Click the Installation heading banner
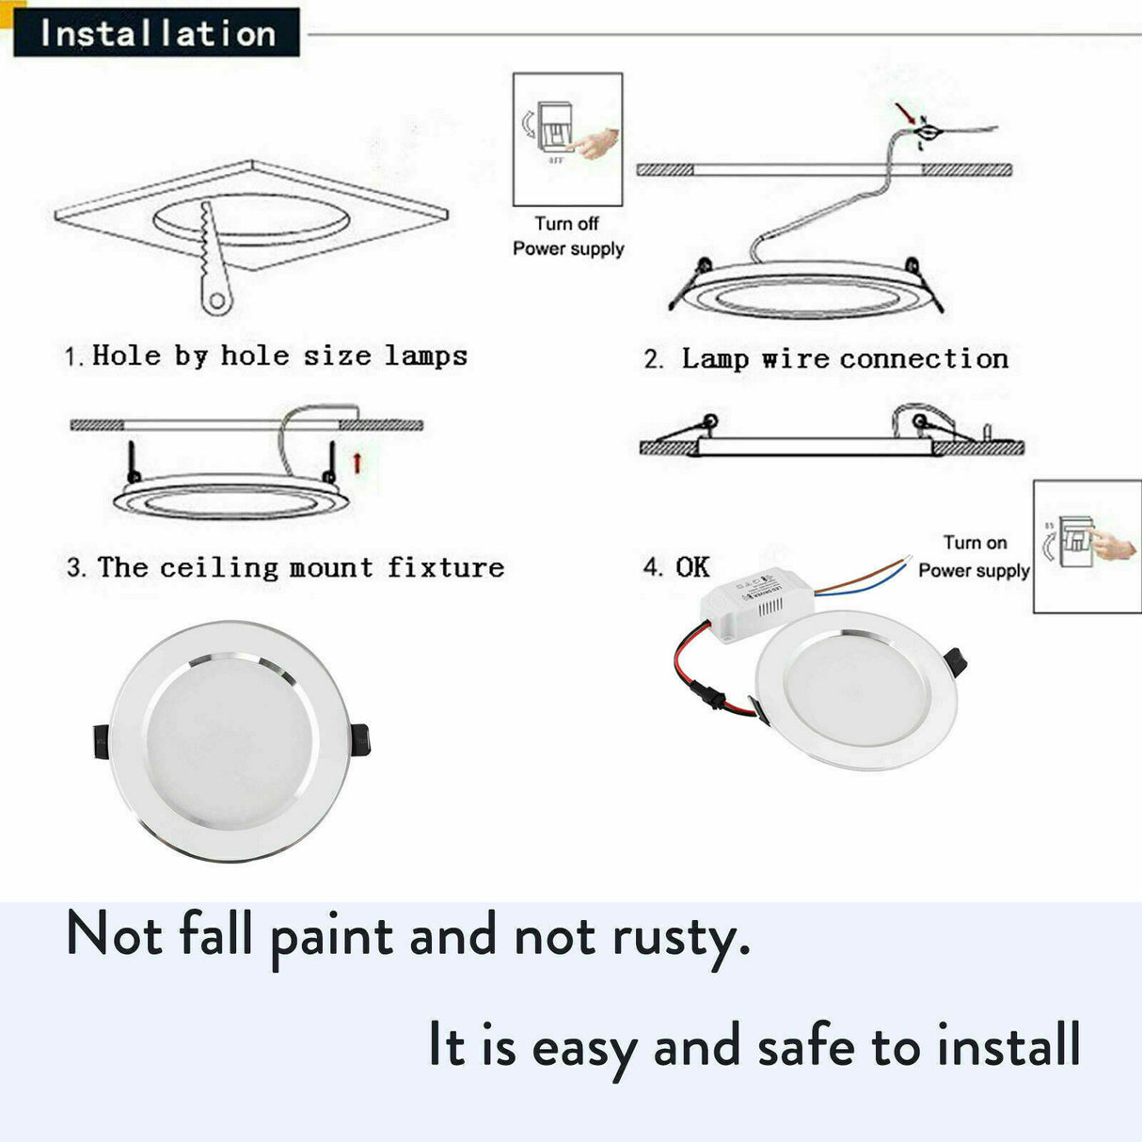pos(156,33)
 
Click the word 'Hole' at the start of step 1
pos(126,356)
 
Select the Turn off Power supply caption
pos(568,236)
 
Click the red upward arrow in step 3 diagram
pos(357,462)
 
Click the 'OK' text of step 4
pos(692,566)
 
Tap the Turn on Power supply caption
pos(974,556)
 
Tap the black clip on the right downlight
pos(957,662)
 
